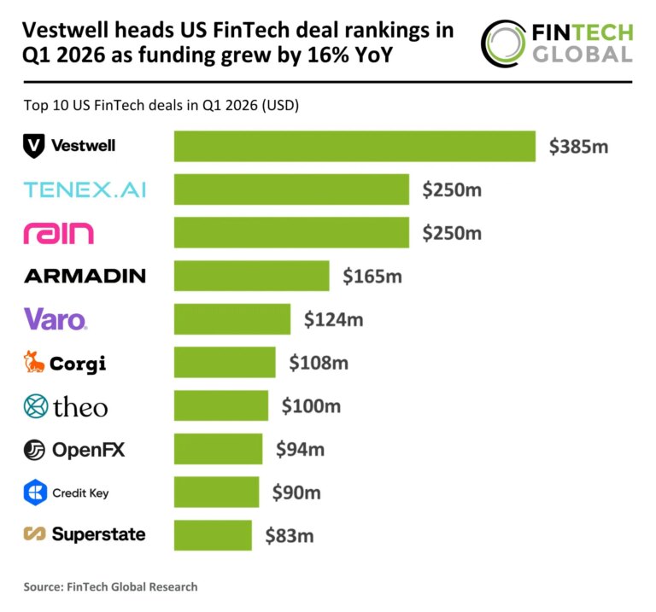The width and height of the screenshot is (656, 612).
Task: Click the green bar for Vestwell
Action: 354,146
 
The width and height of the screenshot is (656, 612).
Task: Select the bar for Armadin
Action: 251,276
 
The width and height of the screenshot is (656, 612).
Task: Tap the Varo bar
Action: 232,319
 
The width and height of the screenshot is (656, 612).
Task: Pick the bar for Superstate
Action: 213,535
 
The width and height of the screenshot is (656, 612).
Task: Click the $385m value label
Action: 578,146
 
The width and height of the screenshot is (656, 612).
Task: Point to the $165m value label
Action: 372,276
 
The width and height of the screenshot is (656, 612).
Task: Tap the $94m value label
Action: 298,449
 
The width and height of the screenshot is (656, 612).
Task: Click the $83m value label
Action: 289,536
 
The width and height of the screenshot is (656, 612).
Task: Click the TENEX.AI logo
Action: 85,189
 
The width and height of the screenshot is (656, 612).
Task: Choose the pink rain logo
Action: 59,233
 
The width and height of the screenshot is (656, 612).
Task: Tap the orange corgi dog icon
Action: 33,363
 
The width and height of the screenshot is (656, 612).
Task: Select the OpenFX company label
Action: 88,449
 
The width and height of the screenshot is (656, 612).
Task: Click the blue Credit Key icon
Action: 34,493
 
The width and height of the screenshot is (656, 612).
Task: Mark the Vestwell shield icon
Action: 33,146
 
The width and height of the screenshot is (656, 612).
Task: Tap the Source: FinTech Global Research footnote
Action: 110,586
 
